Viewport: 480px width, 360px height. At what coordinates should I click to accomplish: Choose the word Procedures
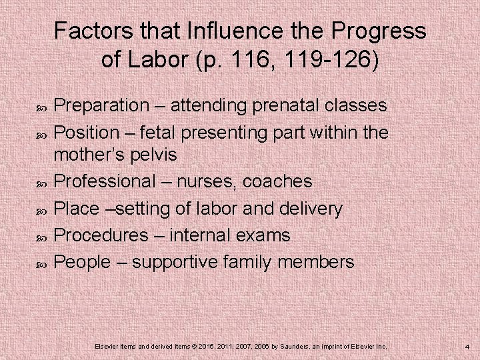(x=101, y=235)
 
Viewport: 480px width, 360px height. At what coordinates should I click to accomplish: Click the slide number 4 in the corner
(x=467, y=347)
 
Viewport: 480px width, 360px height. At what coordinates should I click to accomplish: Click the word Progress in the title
(x=376, y=31)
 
